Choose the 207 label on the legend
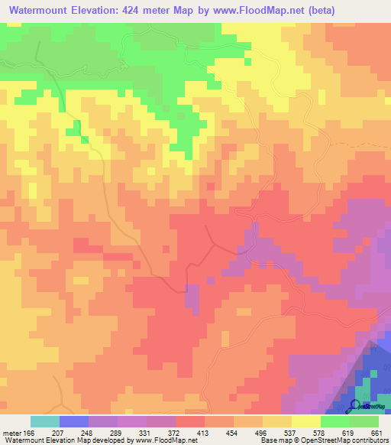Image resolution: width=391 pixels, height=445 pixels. click(58, 433)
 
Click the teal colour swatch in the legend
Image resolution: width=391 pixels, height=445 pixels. click(44, 421)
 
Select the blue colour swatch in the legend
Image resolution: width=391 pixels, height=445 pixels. click(73, 421)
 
